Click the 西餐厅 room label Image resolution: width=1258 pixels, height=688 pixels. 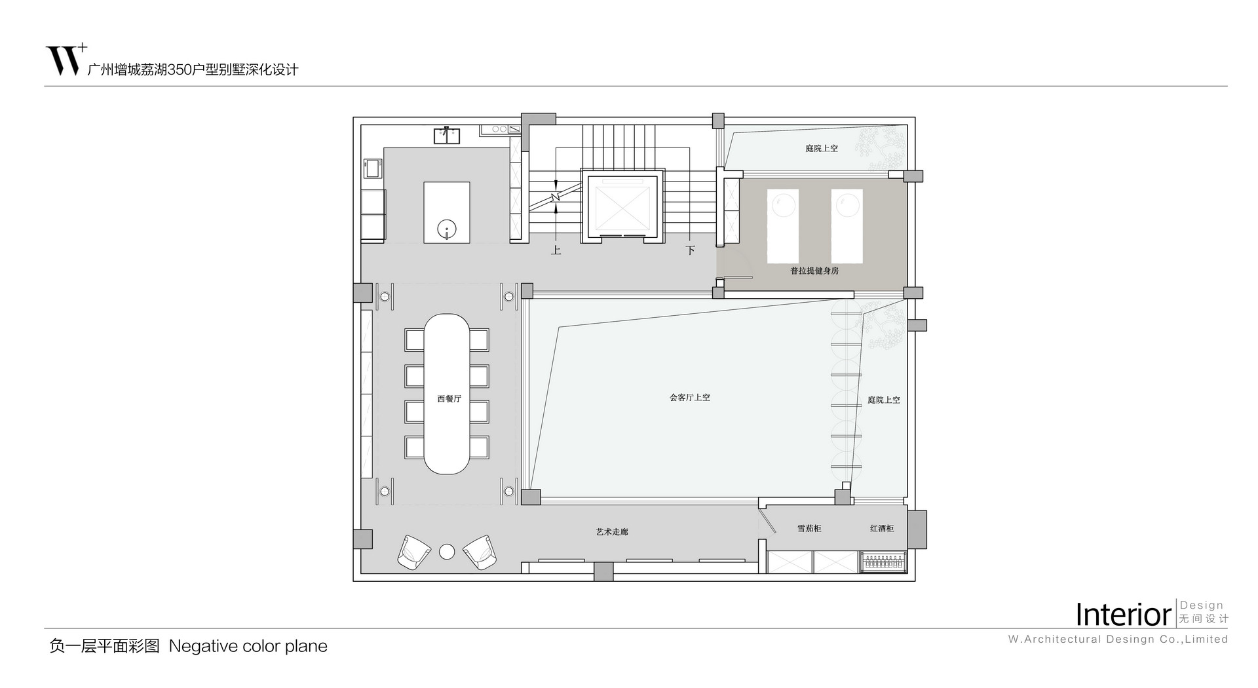click(x=449, y=398)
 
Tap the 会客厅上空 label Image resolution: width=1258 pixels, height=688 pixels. click(x=689, y=397)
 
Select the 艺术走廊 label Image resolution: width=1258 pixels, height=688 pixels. click(x=612, y=531)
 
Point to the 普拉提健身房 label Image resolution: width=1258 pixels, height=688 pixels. click(x=814, y=270)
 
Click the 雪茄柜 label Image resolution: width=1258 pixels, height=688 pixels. click(x=809, y=528)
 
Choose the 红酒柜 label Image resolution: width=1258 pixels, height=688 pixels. click(x=882, y=528)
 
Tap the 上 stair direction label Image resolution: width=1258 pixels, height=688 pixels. click(x=556, y=250)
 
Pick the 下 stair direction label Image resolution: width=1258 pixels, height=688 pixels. click(x=690, y=250)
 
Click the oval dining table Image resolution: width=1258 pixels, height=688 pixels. click(x=446, y=394)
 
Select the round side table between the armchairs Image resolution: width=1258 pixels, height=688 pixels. click(x=447, y=552)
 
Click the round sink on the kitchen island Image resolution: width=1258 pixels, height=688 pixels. click(x=447, y=230)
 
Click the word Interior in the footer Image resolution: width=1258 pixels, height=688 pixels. click(x=1123, y=615)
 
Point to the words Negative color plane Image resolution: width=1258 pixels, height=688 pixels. click(x=248, y=646)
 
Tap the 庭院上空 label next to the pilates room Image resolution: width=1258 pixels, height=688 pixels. click(x=821, y=148)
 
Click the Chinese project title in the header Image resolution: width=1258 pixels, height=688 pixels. click(x=193, y=69)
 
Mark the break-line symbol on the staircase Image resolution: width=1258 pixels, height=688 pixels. click(x=556, y=196)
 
